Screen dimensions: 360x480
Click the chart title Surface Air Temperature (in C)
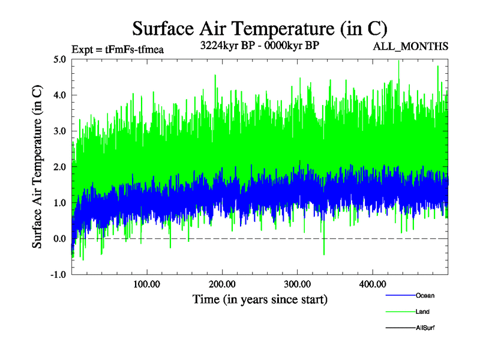point(259,28)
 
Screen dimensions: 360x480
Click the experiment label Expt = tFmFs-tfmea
point(117,50)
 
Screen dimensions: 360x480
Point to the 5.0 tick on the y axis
point(59,59)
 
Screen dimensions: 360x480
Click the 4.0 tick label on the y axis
point(59,95)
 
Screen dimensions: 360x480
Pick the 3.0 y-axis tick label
point(59,131)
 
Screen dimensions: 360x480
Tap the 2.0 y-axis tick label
point(59,167)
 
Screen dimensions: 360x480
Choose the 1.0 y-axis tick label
point(59,203)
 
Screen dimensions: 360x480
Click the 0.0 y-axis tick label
point(59,239)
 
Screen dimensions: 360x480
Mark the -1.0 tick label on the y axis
point(58,275)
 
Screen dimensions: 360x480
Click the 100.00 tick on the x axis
point(146,283)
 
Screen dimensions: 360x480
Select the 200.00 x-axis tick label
point(222,283)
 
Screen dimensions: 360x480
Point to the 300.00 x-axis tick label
point(297,283)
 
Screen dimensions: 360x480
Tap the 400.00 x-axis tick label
point(372,283)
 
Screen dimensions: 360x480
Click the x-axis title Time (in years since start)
point(260,299)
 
